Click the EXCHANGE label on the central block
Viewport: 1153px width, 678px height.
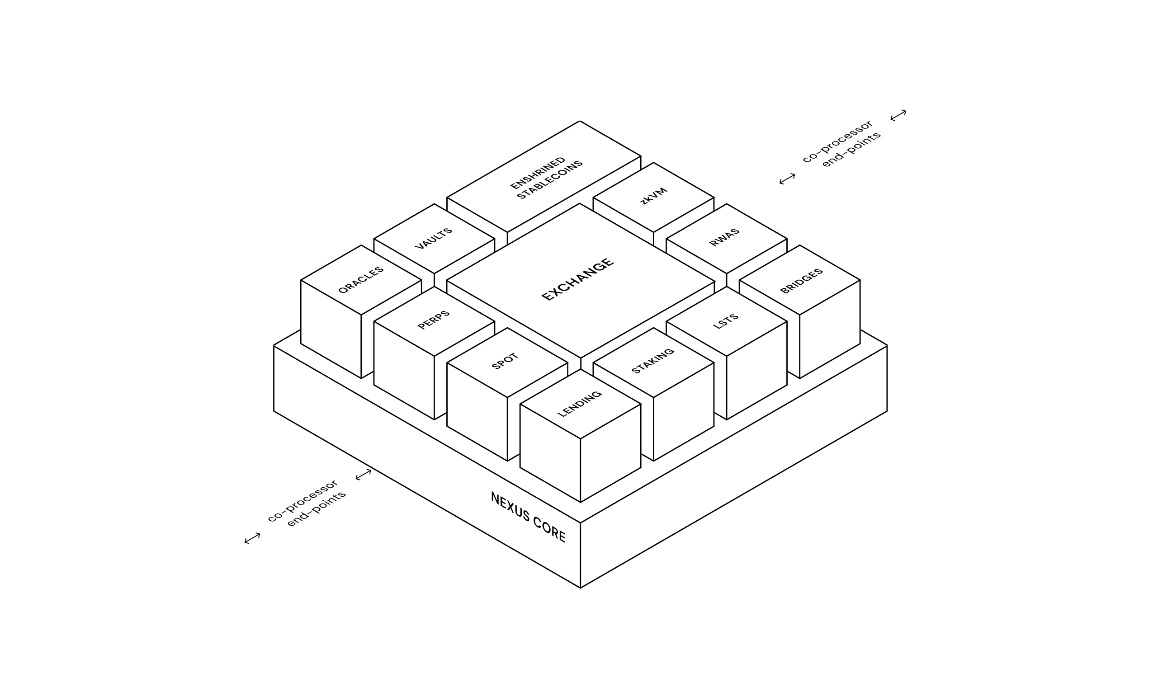click(x=577, y=279)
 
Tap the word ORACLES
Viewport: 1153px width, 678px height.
click(x=361, y=279)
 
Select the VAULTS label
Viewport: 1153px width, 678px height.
click(x=433, y=238)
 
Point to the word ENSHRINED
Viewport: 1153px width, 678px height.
click(x=538, y=173)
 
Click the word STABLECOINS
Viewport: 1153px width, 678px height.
click(x=550, y=180)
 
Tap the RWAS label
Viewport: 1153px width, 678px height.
click(x=724, y=237)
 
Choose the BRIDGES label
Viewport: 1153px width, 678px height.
click(x=801, y=281)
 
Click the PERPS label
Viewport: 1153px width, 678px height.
click(x=434, y=320)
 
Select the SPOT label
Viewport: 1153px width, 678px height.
click(x=505, y=361)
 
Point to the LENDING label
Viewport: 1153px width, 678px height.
click(x=579, y=404)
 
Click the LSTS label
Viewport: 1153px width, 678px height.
click(x=726, y=321)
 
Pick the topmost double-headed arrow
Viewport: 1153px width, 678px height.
click(x=898, y=115)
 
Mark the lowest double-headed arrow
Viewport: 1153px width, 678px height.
click(x=252, y=538)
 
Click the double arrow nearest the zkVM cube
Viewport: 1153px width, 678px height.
click(x=787, y=179)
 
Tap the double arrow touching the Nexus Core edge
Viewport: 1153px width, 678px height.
click(x=363, y=475)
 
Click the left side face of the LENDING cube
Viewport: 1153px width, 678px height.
click(x=550, y=453)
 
